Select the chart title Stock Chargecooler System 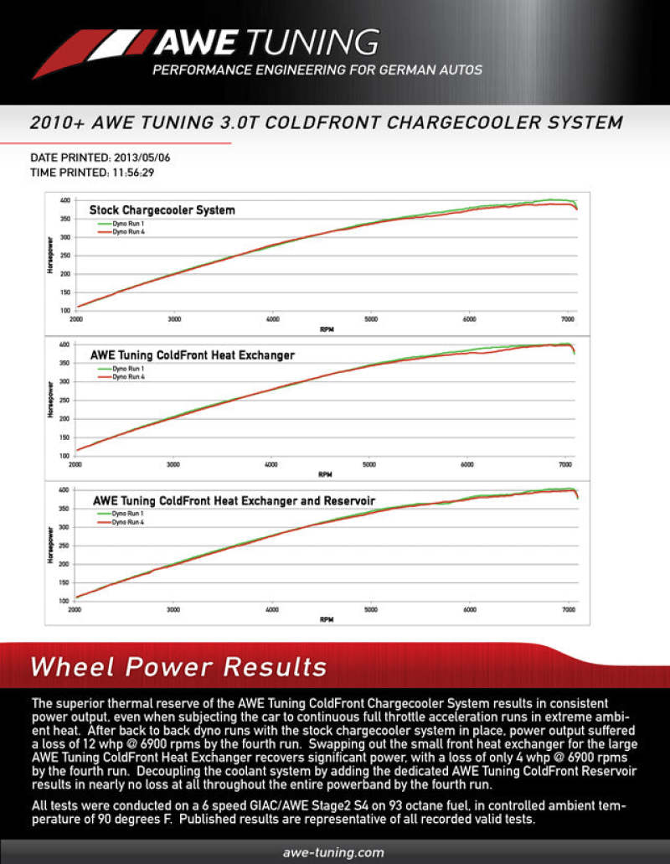162,210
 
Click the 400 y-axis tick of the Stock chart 64,201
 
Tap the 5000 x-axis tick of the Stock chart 371,319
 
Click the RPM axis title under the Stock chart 327,330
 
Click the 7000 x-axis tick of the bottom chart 568,611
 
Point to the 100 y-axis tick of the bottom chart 64,600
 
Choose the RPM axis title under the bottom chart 327,620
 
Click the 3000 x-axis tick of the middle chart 173,464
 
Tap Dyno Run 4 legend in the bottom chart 126,522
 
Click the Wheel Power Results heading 178,667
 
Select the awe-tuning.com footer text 334,853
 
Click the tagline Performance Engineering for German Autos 317,70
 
